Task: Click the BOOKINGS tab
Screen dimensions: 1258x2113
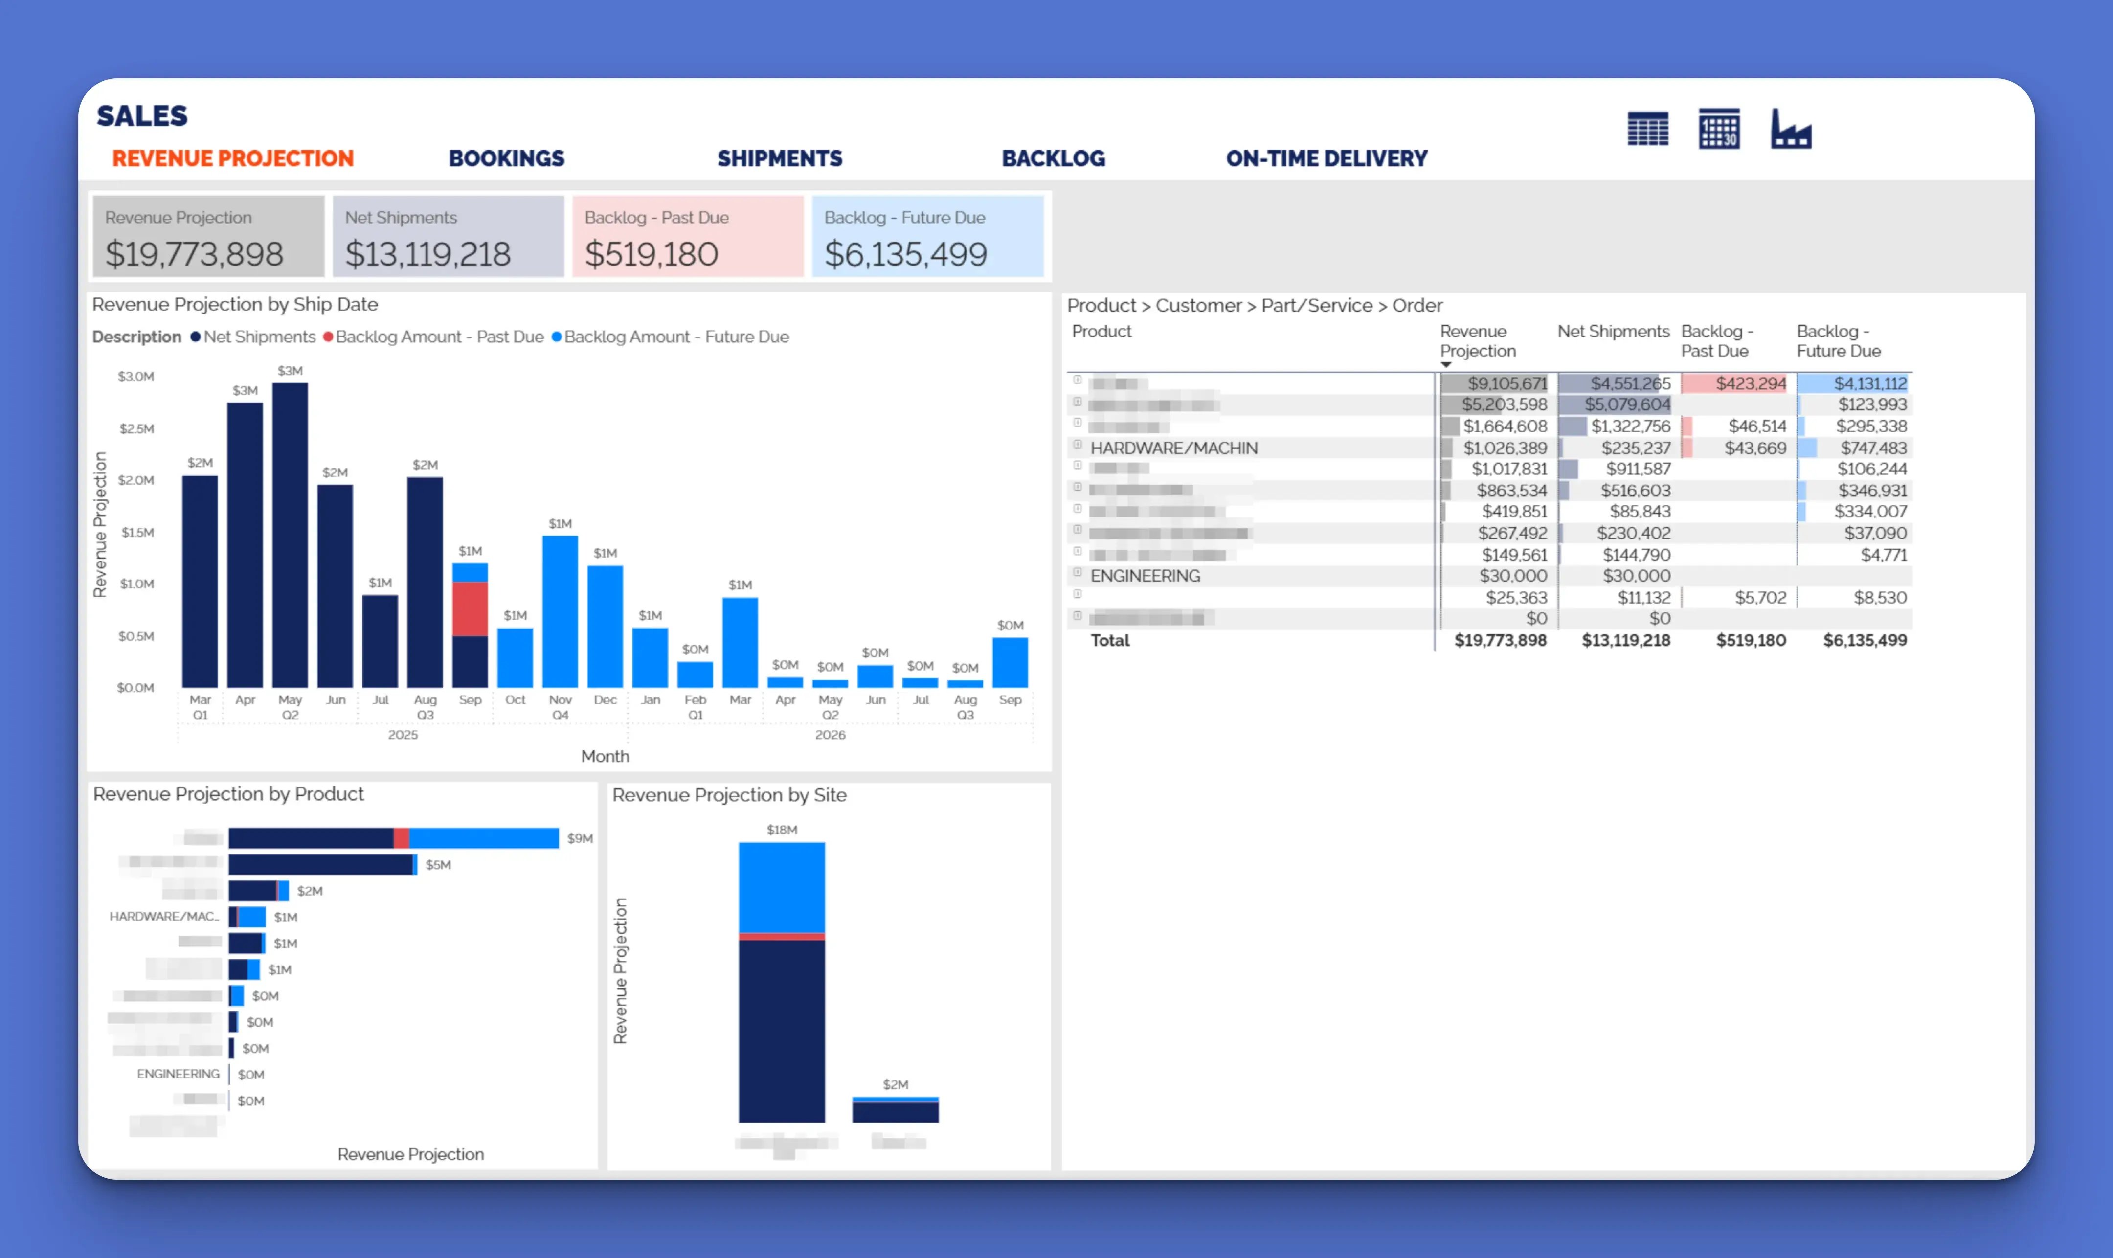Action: [506, 158]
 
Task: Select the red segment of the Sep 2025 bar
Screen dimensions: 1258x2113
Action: [470, 608]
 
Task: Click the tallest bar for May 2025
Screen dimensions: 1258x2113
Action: [290, 534]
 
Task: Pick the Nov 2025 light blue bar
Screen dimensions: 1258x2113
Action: [560, 610]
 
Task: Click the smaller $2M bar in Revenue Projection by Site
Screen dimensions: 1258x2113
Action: [895, 1110]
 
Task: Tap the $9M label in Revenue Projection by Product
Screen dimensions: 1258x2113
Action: [580, 838]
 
